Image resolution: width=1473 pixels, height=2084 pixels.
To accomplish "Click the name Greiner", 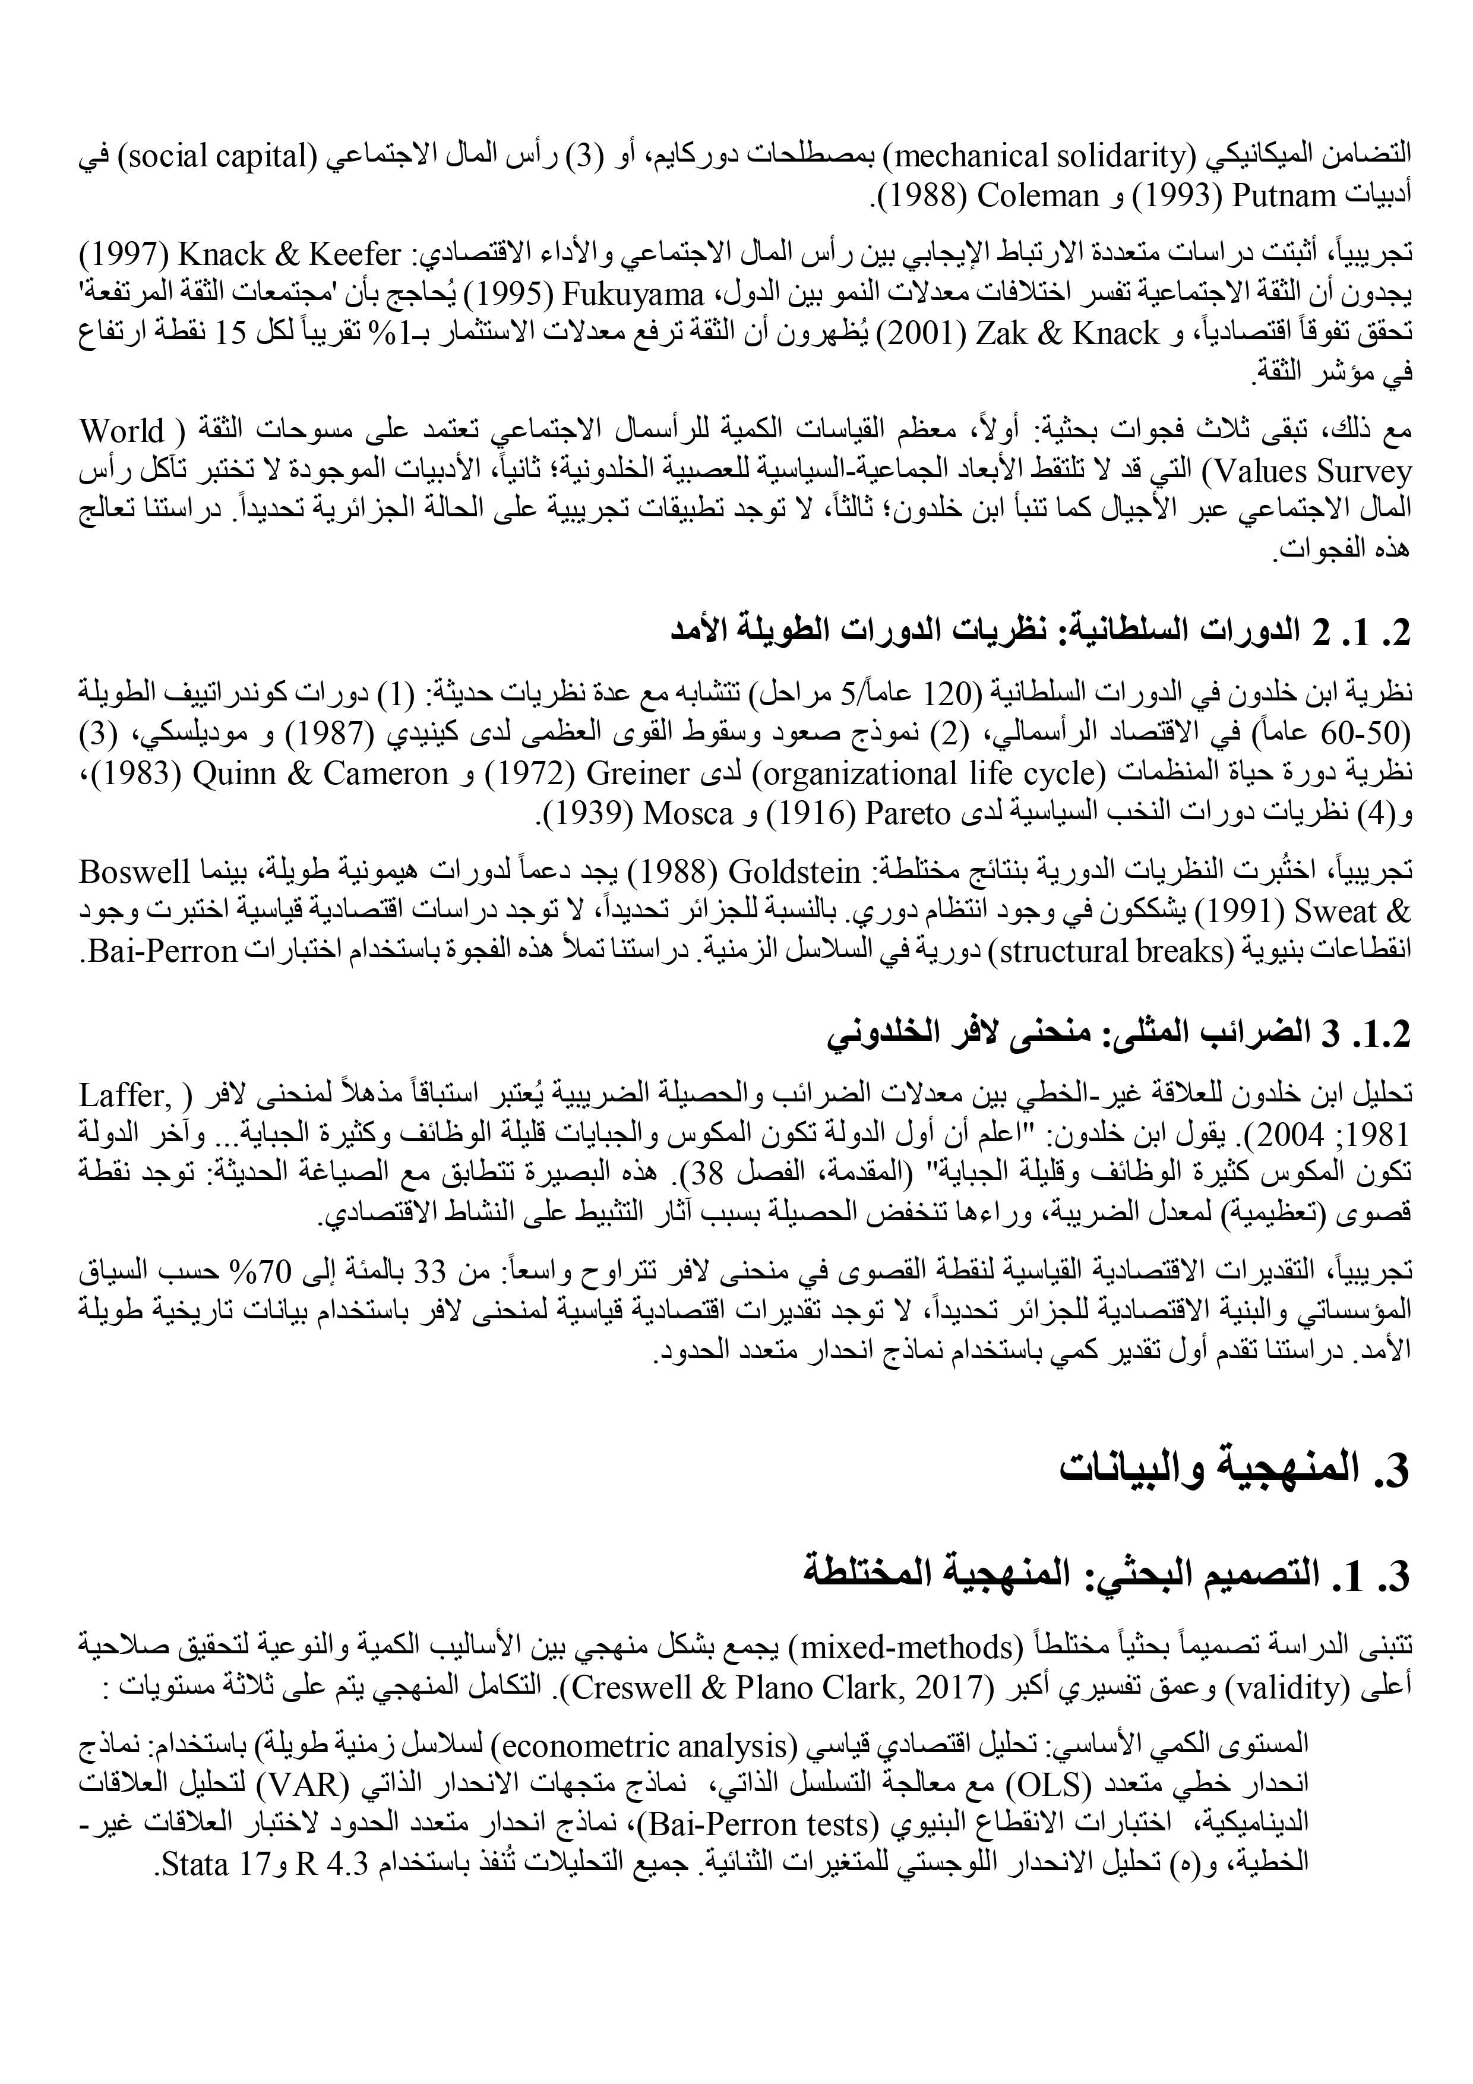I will tap(640, 774).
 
